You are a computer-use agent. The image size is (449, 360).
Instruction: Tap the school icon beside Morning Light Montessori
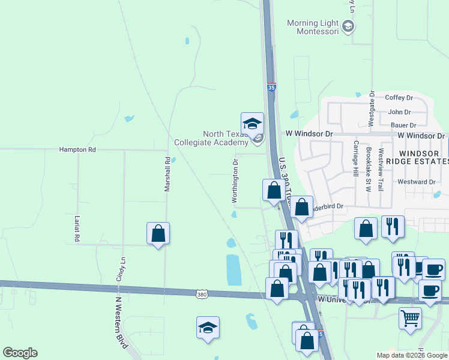pos(348,26)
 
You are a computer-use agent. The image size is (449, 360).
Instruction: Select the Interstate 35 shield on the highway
pos(271,87)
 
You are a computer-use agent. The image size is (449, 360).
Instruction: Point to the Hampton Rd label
pos(77,149)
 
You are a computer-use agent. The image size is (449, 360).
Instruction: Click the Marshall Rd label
pos(167,175)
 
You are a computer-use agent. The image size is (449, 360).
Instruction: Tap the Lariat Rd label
pos(77,229)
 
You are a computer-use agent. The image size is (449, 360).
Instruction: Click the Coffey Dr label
pos(399,97)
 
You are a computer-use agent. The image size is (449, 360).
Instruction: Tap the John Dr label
pos(399,112)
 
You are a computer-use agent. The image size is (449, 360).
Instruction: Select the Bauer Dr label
pos(403,125)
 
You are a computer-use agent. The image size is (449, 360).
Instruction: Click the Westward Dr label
pos(416,182)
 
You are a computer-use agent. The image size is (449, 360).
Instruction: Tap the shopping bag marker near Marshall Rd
pos(158,233)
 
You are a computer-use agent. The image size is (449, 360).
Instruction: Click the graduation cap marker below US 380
pos(208,328)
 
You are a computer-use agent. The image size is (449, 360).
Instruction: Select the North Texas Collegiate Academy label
pos(211,139)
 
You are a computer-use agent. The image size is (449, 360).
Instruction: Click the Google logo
pos(20,353)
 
